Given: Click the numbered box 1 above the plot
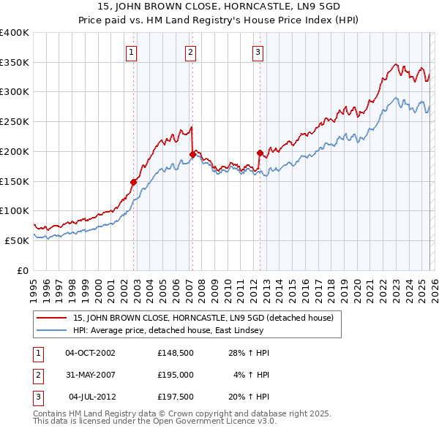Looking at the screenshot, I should click(x=131, y=52).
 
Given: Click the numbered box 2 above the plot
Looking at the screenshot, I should click(x=190, y=52).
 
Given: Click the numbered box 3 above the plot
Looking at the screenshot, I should click(x=258, y=52).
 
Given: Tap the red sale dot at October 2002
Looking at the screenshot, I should click(x=134, y=182).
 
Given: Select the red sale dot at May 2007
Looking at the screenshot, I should click(x=192, y=154).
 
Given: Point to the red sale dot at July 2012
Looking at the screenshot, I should click(x=260, y=153).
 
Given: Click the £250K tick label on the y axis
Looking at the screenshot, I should click(x=15, y=122).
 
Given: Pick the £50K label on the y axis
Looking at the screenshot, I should click(x=18, y=240).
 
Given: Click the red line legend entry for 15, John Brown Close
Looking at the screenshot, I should click(x=203, y=318).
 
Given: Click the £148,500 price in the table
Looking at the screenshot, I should click(x=176, y=353).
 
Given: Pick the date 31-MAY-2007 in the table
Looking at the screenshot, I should click(x=90, y=375).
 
